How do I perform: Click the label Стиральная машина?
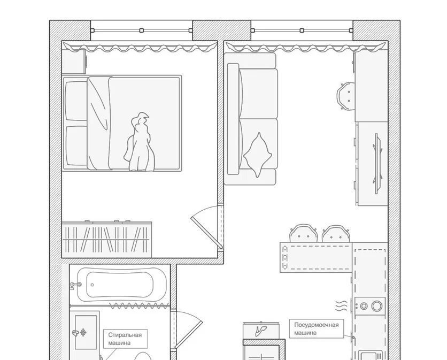click(x=125, y=339)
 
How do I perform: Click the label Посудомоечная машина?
click(x=316, y=328)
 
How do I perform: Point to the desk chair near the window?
click(x=346, y=96)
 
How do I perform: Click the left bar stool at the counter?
click(x=303, y=233)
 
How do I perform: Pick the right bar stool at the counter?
click(x=336, y=234)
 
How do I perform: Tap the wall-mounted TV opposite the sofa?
click(x=377, y=164)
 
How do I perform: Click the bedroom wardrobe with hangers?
click(x=106, y=240)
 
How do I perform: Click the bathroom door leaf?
click(x=188, y=335)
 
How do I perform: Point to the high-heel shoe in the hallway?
click(x=261, y=331)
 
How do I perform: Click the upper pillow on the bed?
click(x=76, y=101)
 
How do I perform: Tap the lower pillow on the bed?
click(x=76, y=146)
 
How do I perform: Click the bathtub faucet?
click(x=76, y=285)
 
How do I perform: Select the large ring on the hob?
click(x=377, y=306)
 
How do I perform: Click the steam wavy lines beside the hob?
click(x=342, y=306)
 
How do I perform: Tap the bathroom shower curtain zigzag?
click(x=139, y=306)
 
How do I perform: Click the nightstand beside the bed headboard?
click(x=74, y=62)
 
